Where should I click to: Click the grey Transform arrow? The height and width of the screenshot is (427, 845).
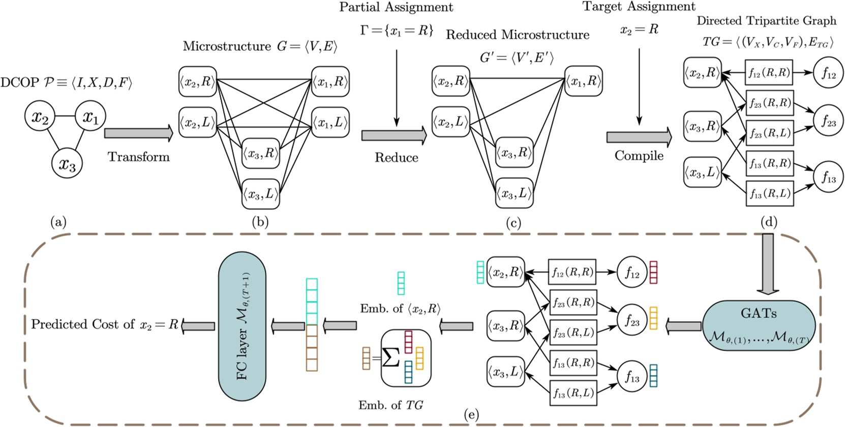(138, 133)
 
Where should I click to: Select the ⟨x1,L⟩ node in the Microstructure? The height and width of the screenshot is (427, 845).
(330, 122)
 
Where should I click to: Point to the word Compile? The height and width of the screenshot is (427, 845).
(639, 156)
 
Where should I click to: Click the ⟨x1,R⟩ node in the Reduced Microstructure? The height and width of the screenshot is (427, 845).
(584, 80)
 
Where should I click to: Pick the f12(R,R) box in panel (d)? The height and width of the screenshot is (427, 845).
(769, 73)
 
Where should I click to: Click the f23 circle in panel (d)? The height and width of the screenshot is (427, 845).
(828, 122)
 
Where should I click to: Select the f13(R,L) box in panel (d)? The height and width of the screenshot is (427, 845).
(769, 193)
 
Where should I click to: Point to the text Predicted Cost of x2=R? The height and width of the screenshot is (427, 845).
(105, 325)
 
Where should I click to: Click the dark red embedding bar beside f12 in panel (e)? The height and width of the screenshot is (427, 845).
(653, 272)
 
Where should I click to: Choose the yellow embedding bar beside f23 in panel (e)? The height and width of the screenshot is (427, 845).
(653, 318)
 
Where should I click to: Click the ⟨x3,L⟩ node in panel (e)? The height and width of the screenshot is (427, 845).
(505, 372)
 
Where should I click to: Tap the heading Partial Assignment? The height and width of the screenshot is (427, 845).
(396, 7)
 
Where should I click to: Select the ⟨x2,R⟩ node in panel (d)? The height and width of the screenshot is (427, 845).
(702, 73)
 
